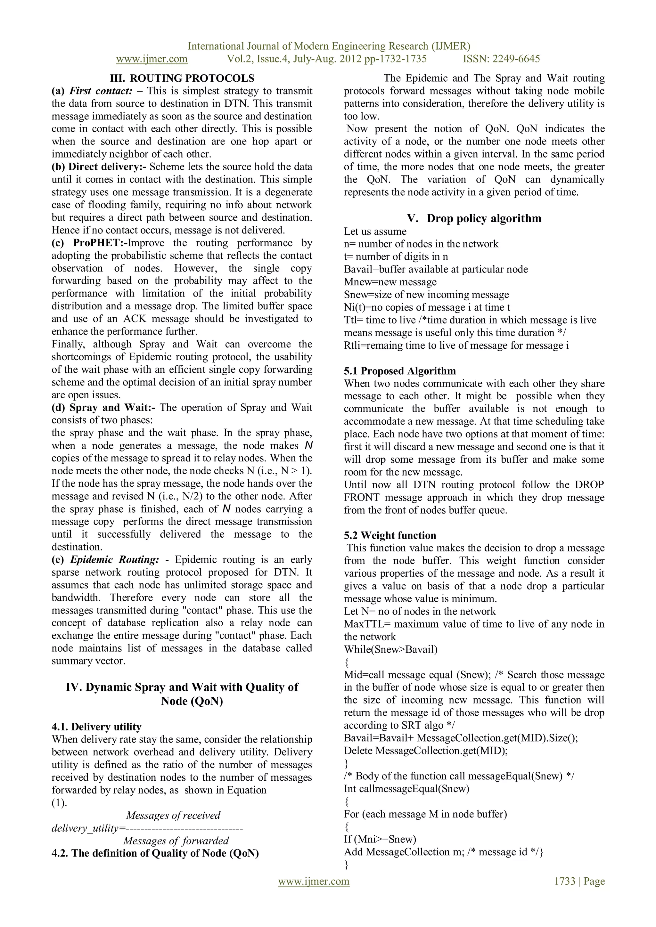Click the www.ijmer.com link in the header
pos(152,59)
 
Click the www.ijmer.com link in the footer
pos(314,881)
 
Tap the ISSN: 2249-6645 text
pos(501,59)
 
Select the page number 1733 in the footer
pos(565,881)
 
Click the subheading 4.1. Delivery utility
pos(96,727)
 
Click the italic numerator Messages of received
pos(173,816)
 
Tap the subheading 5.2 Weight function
pos(390,535)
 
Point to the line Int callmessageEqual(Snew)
pos(406,789)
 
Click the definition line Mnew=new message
pos(390,282)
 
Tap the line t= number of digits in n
pos(396,256)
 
